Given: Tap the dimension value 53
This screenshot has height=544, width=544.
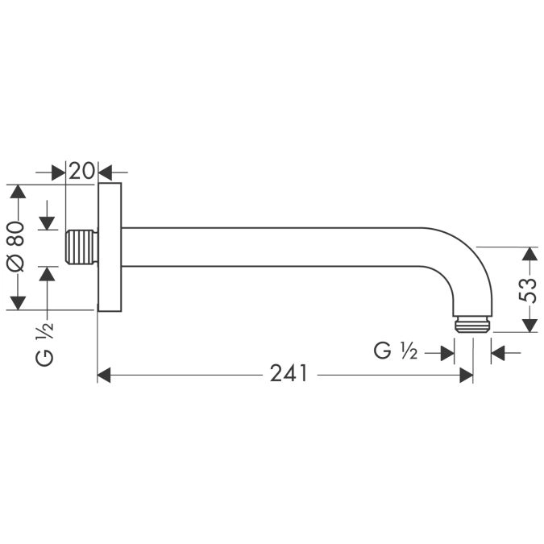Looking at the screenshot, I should [528, 289].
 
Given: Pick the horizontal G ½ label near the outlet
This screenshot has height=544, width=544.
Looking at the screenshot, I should [395, 352].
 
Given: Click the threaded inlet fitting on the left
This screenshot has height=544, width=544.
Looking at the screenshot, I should [80, 247].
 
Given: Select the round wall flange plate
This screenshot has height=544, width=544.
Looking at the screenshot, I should [109, 247].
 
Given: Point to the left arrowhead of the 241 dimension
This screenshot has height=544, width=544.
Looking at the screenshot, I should [104, 375].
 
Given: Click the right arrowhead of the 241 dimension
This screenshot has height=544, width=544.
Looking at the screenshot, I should [466, 375].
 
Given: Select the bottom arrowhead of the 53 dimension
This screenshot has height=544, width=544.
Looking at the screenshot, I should [528, 325].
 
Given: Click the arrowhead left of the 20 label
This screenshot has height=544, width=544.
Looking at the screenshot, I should [58, 172].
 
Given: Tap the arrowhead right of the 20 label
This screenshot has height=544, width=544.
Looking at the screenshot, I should [106, 172].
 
